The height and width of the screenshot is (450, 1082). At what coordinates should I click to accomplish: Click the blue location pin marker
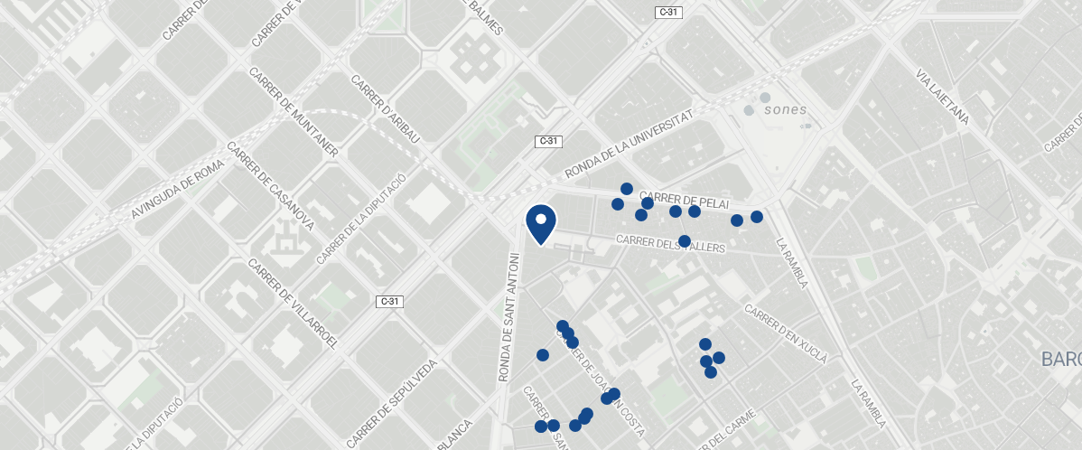540,223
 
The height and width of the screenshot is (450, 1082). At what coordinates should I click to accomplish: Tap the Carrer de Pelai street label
684,200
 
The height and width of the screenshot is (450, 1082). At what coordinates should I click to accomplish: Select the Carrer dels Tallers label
671,243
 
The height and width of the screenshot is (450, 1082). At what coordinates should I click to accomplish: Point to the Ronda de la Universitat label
630,145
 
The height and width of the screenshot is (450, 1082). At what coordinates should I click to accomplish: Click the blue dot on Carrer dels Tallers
685,241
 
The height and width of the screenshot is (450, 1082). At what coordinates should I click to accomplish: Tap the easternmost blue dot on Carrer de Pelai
757,217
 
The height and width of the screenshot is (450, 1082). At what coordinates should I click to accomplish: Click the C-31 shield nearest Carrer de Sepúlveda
388,301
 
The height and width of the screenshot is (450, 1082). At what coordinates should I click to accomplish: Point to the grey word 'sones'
785,110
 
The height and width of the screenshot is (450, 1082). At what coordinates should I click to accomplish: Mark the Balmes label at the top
484,17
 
